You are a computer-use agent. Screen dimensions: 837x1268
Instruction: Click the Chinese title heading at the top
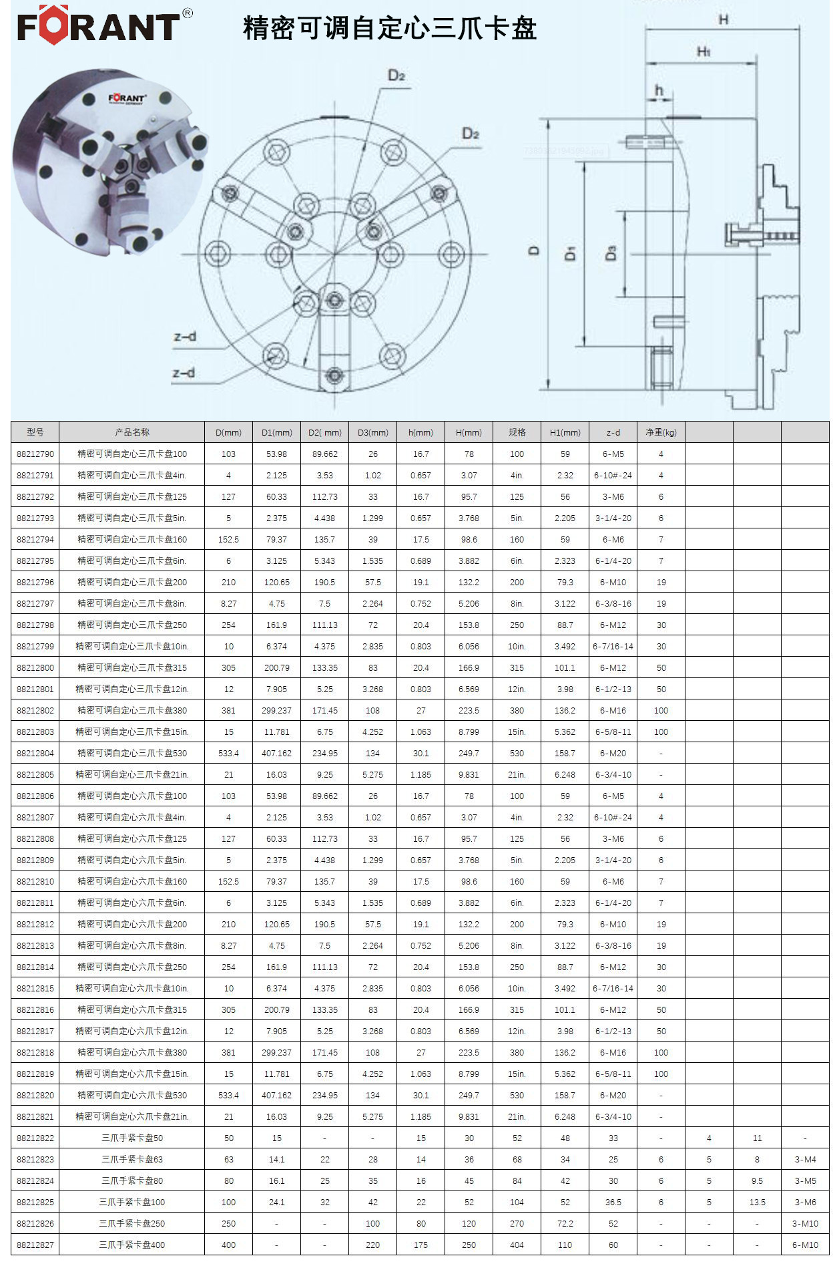pos(390,29)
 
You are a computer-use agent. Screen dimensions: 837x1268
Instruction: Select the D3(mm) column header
pos(372,432)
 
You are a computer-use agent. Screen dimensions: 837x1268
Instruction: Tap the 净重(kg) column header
pos(661,432)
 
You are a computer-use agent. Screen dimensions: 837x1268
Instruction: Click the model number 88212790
pos(35,454)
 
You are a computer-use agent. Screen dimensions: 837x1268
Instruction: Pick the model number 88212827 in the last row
pos(35,1245)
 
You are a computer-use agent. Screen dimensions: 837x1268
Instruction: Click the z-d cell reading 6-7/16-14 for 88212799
pos(613,646)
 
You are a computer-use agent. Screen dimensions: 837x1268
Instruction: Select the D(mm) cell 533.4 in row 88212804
pos(228,753)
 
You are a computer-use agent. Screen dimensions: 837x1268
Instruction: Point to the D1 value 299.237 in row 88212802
pos(276,710)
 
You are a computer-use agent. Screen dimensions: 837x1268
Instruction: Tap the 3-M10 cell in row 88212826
pos(805,1223)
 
